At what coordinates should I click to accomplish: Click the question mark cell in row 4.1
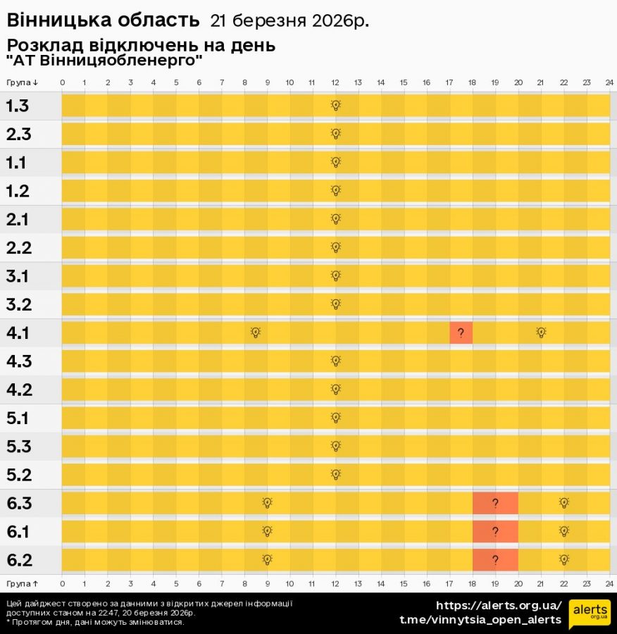[461, 332]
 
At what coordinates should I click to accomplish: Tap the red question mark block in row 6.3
[495, 503]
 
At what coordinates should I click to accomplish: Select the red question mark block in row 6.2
[495, 560]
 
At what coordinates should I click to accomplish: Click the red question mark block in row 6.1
[495, 531]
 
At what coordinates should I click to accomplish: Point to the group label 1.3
[18, 106]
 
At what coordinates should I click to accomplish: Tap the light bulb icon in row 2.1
[336, 218]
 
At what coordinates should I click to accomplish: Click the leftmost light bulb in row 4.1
[256, 332]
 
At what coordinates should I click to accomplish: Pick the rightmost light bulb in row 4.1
[541, 332]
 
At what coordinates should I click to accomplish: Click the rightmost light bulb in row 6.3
[563, 503]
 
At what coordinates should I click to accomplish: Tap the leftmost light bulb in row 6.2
[267, 560]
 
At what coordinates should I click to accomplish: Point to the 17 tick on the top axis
[449, 82]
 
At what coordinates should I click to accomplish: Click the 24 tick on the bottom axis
[609, 583]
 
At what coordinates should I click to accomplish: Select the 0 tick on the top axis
[63, 82]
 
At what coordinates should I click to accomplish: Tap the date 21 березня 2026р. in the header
[289, 21]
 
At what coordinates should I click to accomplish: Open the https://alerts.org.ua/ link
[499, 605]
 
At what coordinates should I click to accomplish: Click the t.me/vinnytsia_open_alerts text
[480, 620]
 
